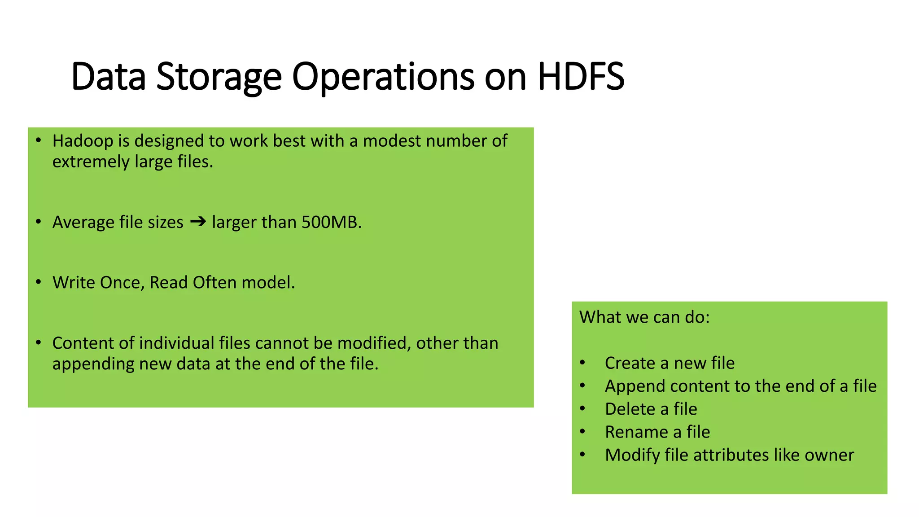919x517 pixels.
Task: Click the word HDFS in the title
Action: point(581,77)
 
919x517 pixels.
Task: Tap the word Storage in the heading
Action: point(219,77)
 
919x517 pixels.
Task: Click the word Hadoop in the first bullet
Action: point(83,141)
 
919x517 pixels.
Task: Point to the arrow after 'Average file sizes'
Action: point(198,221)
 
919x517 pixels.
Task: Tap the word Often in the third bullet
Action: point(214,283)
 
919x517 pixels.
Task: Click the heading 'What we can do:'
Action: point(644,317)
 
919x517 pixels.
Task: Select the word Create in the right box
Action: point(630,363)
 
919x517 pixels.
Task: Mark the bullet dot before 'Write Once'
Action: point(39,282)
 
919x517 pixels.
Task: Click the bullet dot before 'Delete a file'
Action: point(582,409)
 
